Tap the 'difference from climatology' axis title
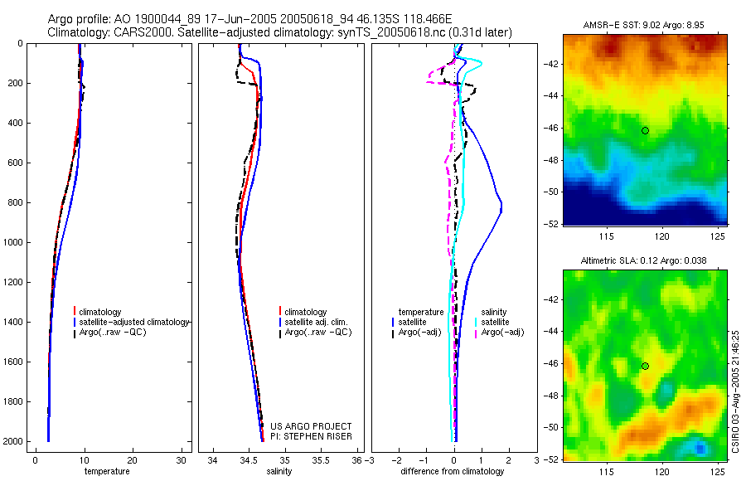point(452,471)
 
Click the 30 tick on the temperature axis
point(182,460)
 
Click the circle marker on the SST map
point(645,130)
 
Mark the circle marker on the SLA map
point(645,366)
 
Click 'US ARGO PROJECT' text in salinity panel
point(312,426)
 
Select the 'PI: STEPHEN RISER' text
point(312,436)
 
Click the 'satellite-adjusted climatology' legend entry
point(134,322)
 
